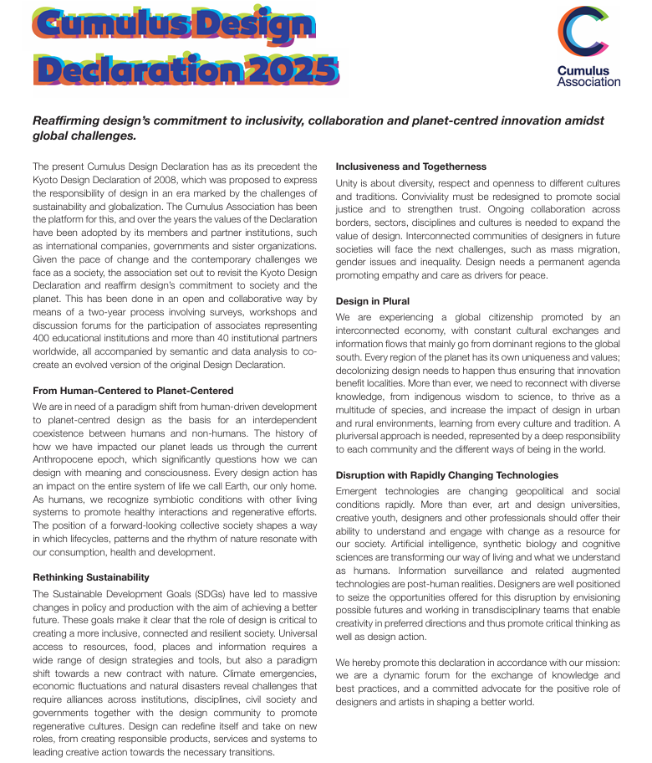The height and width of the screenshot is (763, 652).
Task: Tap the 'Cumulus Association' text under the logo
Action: pyautogui.click(x=588, y=77)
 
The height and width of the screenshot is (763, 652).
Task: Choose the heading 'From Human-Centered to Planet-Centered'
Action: pyautogui.click(x=133, y=391)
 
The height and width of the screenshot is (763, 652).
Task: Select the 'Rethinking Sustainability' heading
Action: pyautogui.click(x=90, y=577)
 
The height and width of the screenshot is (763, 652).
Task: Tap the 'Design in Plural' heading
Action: pyautogui.click(x=373, y=301)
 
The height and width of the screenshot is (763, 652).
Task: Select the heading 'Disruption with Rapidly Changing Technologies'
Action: pyautogui.click(x=447, y=475)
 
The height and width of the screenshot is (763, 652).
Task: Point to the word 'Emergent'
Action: pyautogui.click(x=359, y=491)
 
